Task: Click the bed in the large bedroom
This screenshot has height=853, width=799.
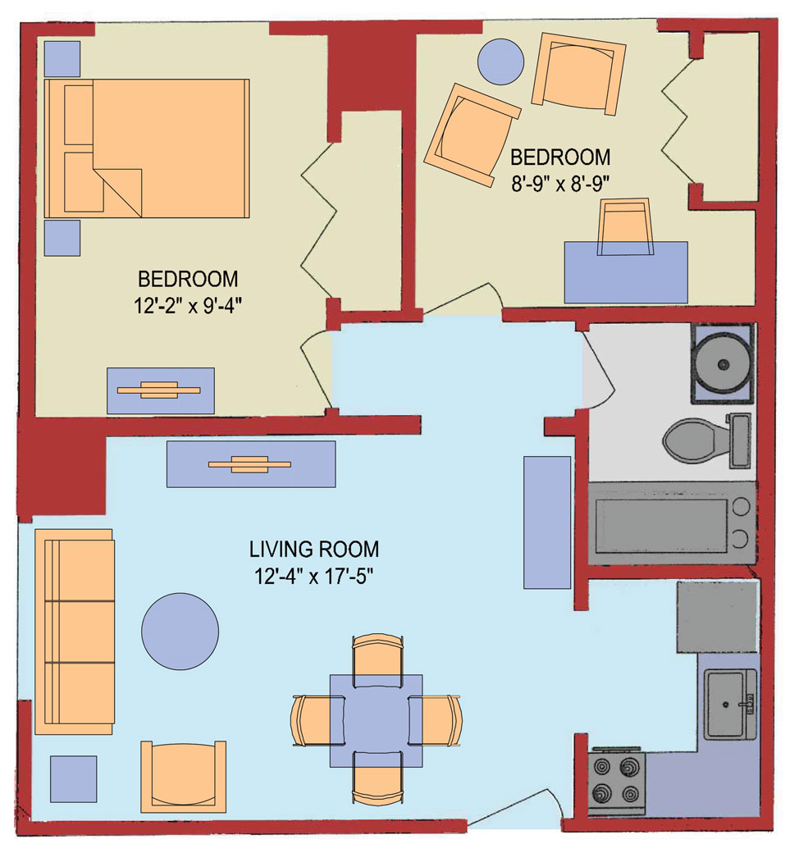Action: pos(148,148)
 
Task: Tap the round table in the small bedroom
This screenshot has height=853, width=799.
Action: pos(500,62)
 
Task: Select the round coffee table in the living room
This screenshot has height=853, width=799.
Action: pos(180,630)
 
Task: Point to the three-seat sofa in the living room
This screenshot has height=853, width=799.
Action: pos(74,632)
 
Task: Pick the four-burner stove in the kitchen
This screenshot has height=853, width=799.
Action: pos(617,782)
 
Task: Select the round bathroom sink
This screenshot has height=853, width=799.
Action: pos(722,364)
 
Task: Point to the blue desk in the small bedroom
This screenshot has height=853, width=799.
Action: pos(626,271)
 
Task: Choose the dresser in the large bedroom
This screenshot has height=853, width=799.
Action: pos(161,390)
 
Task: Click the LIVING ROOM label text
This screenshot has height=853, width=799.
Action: pos(314,549)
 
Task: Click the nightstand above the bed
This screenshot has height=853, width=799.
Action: pos(62,58)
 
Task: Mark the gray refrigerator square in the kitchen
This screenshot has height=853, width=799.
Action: pos(716,617)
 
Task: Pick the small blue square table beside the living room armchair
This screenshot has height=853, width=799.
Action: pos(73,778)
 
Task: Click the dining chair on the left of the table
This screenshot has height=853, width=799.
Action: pos(316,720)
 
